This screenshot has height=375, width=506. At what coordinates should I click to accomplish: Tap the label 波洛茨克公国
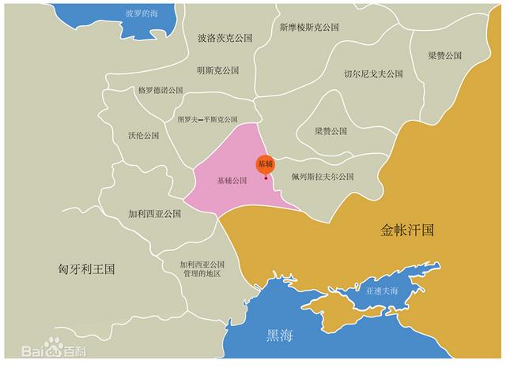tap(225, 37)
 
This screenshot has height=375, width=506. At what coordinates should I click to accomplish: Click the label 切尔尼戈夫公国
tap(373, 73)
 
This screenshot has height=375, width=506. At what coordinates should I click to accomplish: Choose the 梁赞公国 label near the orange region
tap(445, 56)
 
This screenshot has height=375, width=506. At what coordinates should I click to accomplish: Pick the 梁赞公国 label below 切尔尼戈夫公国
tap(331, 131)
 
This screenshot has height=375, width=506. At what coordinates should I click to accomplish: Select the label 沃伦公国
tap(143, 135)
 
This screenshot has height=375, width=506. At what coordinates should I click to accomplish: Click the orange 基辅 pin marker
tap(265, 165)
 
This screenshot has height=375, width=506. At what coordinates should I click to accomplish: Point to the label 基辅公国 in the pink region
tap(232, 180)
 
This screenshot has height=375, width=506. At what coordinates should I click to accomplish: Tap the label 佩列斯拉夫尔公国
tap(322, 176)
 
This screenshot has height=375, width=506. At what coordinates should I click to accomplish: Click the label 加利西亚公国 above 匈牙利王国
tap(155, 213)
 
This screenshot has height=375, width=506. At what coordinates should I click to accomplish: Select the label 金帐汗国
tap(407, 231)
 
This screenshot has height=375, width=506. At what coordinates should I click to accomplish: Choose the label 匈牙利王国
tap(87, 268)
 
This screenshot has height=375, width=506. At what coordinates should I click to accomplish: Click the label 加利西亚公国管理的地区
tap(202, 268)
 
